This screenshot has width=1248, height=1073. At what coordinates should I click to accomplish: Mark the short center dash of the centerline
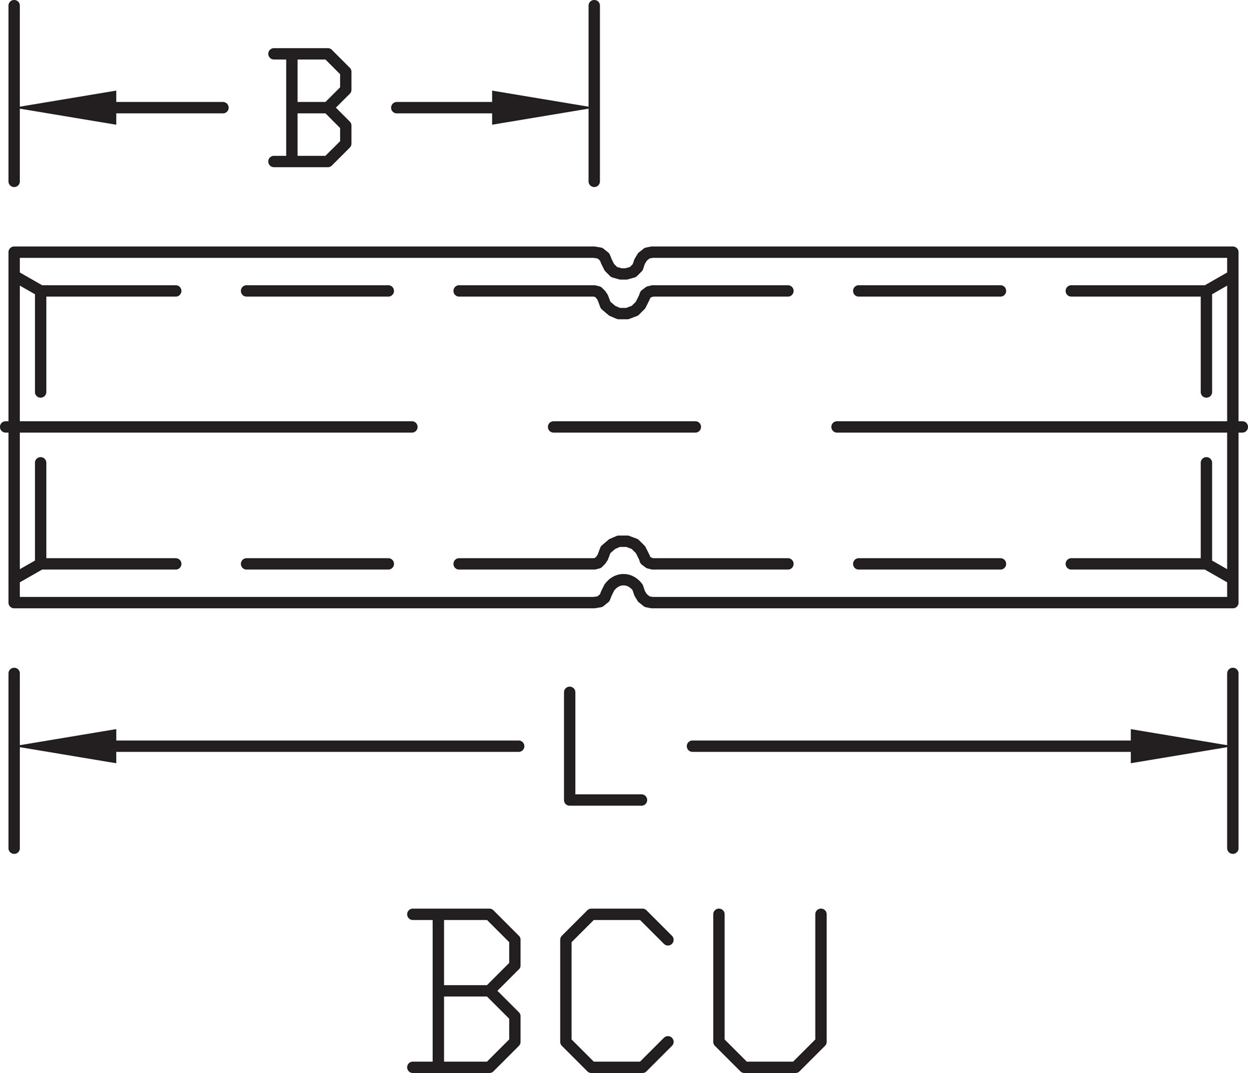(625, 427)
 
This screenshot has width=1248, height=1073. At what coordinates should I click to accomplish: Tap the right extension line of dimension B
(594, 94)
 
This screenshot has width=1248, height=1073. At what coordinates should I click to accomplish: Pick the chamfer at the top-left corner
(29, 282)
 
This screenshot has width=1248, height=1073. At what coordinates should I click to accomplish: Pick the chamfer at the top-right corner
(1219, 282)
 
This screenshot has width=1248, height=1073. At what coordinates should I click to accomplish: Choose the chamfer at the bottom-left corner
(29, 572)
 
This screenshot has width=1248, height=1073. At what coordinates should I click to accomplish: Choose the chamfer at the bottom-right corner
(1219, 572)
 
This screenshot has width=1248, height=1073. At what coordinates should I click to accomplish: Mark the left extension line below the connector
(14, 761)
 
